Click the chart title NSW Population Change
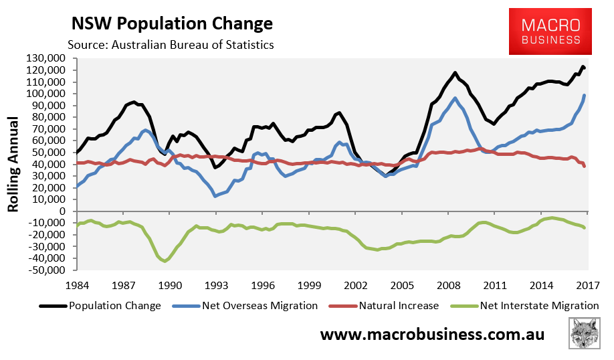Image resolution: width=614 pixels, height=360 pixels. pos(172,23)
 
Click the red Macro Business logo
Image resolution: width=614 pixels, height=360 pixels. pos(551,31)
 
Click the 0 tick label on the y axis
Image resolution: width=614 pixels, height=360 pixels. pos(67,211)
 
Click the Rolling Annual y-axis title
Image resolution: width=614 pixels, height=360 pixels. pos(13,165)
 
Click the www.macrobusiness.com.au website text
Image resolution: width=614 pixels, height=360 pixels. pos(432,334)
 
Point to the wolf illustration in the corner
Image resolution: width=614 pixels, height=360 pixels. pos(585,333)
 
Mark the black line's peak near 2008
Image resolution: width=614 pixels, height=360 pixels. pos(455,72)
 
